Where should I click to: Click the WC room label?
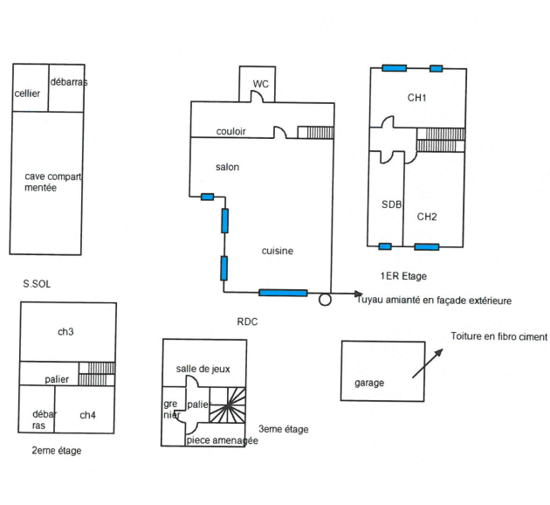pyautogui.click(x=261, y=84)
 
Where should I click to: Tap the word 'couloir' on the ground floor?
pyautogui.click(x=230, y=131)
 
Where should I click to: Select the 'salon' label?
pyautogui.click(x=227, y=167)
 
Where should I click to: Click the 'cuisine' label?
pyautogui.click(x=277, y=251)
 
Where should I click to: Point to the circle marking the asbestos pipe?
pyautogui.click(x=325, y=300)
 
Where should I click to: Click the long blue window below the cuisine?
pyautogui.click(x=283, y=293)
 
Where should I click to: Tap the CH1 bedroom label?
pyautogui.click(x=416, y=98)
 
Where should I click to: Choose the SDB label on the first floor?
pyautogui.click(x=391, y=204)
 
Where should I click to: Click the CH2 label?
pyautogui.click(x=427, y=217)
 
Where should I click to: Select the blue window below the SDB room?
pyautogui.click(x=385, y=246)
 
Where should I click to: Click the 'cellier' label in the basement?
pyautogui.click(x=27, y=93)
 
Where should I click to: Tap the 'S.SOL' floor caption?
pyautogui.click(x=37, y=284)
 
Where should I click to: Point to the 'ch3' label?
pyautogui.click(x=65, y=332)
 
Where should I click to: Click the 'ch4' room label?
pyautogui.click(x=87, y=415)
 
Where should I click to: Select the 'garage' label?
pyautogui.click(x=369, y=383)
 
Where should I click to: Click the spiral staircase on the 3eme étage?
pyautogui.click(x=227, y=405)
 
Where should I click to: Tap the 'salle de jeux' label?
pyautogui.click(x=203, y=369)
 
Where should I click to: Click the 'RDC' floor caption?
pyautogui.click(x=247, y=322)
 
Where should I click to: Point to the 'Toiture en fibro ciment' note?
pyautogui.click(x=498, y=336)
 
